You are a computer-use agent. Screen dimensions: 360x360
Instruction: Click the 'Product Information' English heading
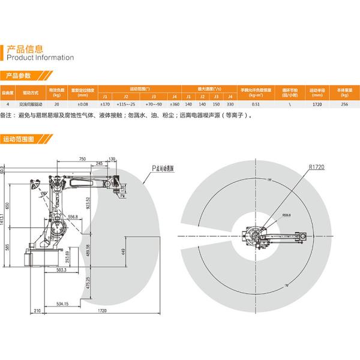(x=39, y=58)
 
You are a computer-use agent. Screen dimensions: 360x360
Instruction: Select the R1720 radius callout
(x=316, y=168)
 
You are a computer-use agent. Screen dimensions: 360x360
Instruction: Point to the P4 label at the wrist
(x=122, y=195)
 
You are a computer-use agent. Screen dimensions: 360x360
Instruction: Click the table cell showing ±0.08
(x=83, y=104)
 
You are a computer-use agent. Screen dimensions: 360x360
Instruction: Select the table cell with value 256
(x=344, y=104)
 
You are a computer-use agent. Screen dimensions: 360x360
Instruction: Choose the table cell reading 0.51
(x=256, y=104)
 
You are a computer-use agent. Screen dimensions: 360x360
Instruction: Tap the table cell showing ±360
(x=174, y=104)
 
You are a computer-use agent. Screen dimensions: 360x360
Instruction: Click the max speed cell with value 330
(x=230, y=104)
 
